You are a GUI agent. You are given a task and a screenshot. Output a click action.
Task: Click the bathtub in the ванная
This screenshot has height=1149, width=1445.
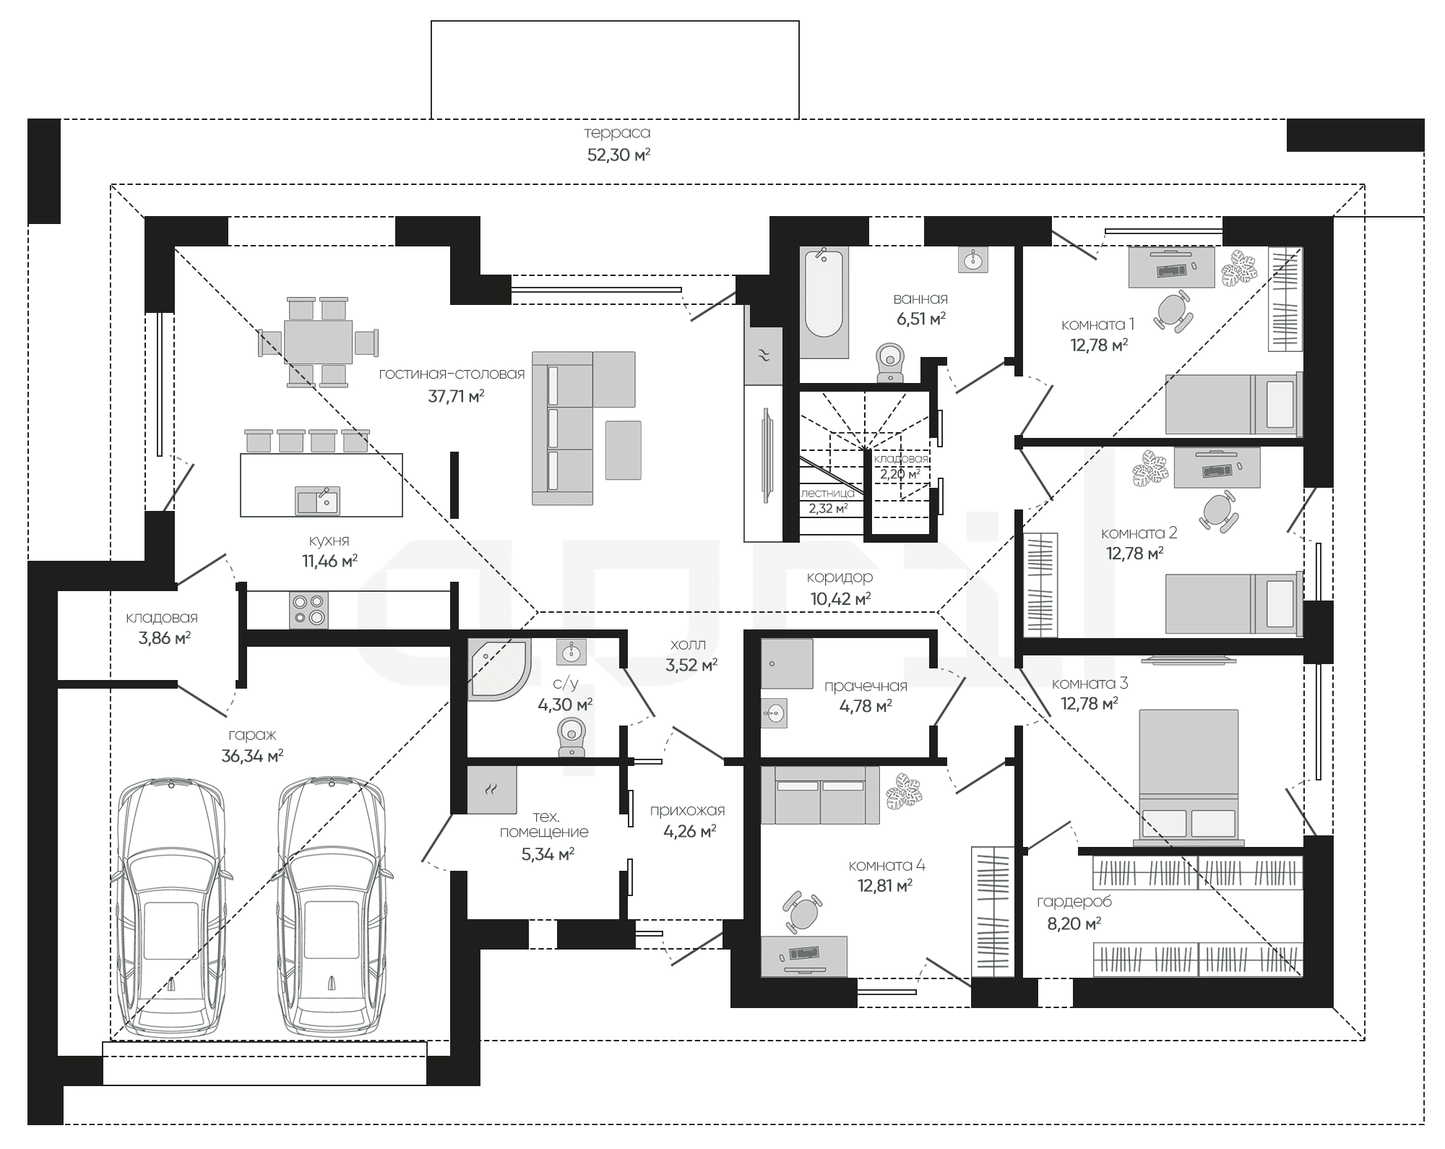(x=824, y=302)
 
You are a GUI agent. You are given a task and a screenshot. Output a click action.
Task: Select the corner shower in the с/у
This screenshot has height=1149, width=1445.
(x=499, y=669)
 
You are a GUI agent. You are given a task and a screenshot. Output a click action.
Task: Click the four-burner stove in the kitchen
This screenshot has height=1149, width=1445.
(x=309, y=610)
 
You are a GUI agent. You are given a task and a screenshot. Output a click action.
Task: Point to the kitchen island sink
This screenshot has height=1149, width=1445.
(x=317, y=500)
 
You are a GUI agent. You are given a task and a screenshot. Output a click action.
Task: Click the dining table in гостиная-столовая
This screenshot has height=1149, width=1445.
(x=318, y=342)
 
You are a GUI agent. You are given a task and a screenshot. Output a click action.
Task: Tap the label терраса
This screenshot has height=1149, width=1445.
(x=617, y=133)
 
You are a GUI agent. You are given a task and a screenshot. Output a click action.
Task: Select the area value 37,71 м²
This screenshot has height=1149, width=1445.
(x=456, y=396)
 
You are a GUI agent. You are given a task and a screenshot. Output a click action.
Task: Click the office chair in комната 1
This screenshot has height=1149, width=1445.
(x=1173, y=311)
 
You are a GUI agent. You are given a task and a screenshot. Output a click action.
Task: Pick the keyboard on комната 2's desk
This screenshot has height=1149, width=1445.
(x=1218, y=470)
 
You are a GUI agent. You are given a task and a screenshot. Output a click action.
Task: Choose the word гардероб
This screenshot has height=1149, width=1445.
(x=1074, y=901)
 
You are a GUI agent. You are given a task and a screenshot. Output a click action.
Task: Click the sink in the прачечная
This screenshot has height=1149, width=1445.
(x=774, y=713)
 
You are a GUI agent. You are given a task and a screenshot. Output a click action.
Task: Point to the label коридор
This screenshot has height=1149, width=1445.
(x=840, y=577)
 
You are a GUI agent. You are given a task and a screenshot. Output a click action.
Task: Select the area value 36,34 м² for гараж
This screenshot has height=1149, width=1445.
(x=252, y=757)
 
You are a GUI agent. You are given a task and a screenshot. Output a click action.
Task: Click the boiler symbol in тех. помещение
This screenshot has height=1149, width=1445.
(x=491, y=790)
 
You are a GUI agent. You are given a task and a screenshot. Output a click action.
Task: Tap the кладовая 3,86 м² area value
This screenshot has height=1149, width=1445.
(x=164, y=638)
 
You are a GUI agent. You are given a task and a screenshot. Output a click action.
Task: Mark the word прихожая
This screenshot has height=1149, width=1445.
(x=687, y=810)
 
